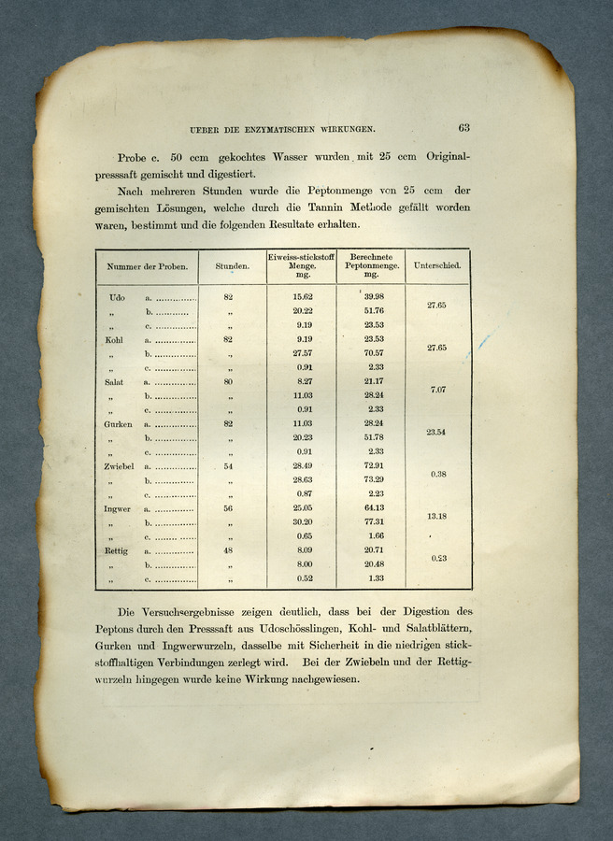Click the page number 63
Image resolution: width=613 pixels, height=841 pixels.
[463, 128]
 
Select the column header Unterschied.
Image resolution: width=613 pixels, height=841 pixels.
[436, 266]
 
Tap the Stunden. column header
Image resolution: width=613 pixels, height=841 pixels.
[232, 266]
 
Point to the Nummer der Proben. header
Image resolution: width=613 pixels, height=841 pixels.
[147, 266]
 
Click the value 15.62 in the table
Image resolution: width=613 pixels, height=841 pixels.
[302, 296]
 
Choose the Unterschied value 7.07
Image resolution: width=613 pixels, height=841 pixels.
[436, 389]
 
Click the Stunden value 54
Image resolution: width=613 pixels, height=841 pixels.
[228, 465]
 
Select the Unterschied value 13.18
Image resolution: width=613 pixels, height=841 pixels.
[436, 516]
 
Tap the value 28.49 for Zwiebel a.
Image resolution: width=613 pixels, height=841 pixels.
[302, 465]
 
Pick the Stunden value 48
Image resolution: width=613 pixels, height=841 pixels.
[228, 550]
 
